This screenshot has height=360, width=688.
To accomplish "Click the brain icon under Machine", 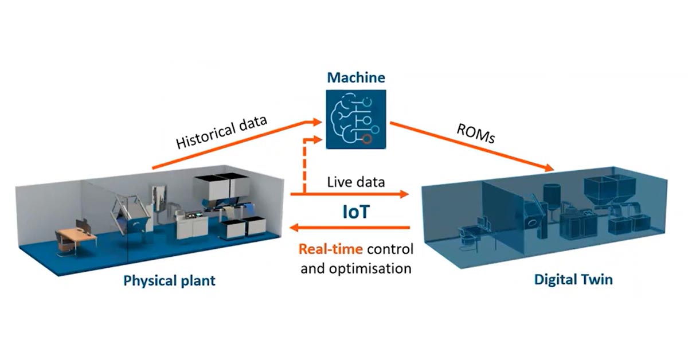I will (x=356, y=119).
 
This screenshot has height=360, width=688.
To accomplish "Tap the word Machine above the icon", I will (x=356, y=77).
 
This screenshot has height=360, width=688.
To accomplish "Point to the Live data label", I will (x=355, y=182).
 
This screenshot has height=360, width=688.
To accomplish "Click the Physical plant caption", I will (x=169, y=281).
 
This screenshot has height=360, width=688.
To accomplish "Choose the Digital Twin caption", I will (x=573, y=280).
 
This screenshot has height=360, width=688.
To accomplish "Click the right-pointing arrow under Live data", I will (x=350, y=195).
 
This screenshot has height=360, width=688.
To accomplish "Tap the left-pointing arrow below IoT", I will (x=350, y=228).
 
